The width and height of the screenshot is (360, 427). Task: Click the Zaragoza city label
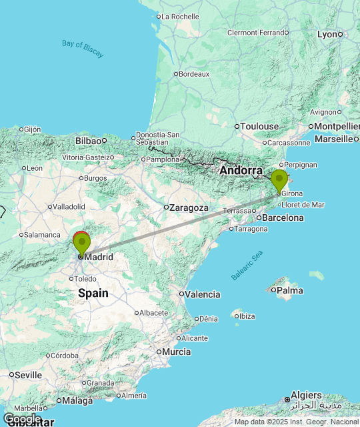coord(189,207)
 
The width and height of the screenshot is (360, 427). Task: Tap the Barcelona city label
coord(283,218)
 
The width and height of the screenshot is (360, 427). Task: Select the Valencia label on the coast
coord(203,294)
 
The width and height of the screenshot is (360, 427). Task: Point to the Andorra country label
coord(241,171)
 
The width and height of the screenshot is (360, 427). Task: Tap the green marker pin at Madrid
coord(81,244)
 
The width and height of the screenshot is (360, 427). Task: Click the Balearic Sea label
coord(247,265)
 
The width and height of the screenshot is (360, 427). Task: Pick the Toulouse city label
coord(260,126)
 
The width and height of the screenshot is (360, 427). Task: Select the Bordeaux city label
coord(194,74)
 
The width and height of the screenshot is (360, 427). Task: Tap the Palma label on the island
coord(289,290)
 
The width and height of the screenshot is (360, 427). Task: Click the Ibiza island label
coord(247,316)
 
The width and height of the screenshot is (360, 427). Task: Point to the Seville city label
coord(29,375)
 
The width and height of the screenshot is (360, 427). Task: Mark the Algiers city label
coord(306,396)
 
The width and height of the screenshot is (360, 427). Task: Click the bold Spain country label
coord(93,293)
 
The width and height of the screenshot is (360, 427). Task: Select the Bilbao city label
coord(87,141)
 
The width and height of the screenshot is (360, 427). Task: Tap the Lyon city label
coord(327,34)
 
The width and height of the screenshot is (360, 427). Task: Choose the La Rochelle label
coord(180,17)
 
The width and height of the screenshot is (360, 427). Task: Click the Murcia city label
coord(176,352)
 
